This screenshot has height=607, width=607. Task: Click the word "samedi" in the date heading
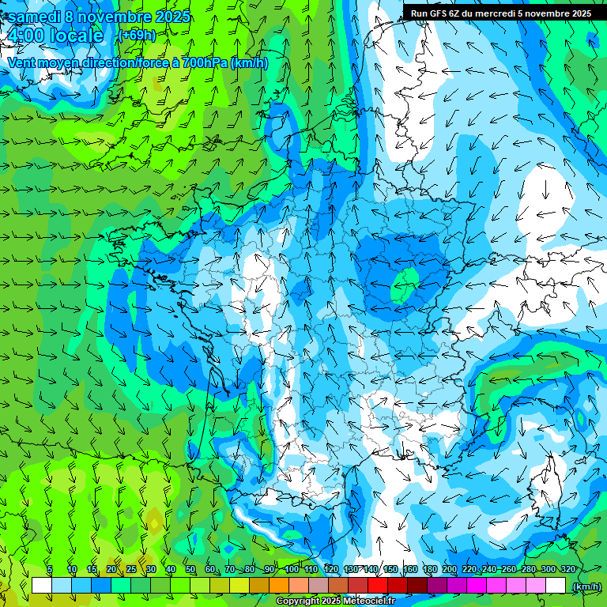(34, 17)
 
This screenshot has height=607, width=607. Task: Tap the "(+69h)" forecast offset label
(137, 36)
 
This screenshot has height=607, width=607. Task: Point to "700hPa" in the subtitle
(204, 62)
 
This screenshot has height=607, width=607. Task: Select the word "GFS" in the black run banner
(439, 13)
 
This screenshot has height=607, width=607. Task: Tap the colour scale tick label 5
(50, 569)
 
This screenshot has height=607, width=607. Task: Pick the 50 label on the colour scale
(190, 569)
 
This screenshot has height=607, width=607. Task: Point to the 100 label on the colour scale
(292, 569)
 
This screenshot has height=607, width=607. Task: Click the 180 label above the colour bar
(429, 569)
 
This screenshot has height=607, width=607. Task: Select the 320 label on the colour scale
(567, 569)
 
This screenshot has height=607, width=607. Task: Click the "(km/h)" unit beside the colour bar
(586, 586)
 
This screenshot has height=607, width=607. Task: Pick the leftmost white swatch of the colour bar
(42, 586)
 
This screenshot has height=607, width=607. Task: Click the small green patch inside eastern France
(405, 282)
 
